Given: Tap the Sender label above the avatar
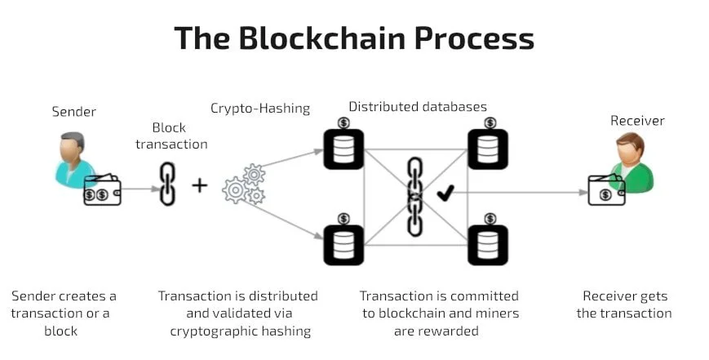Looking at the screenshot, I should click(73, 111).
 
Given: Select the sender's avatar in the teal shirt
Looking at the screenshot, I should click(73, 159).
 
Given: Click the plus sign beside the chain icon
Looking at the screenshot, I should click(200, 185).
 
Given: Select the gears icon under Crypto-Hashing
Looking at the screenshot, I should click(244, 184).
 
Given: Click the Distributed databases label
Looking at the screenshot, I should click(418, 106).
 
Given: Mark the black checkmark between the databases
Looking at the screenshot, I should click(445, 193).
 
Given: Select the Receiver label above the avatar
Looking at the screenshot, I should click(637, 121).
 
